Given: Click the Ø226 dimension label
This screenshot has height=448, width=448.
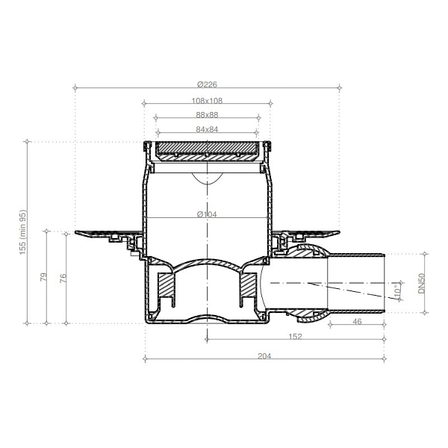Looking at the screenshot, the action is point(207,84).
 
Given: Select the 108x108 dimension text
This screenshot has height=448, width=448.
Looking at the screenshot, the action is point(207,101).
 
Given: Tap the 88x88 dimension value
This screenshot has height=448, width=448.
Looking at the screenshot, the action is point(207,115).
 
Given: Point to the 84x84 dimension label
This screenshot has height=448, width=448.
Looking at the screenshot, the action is point(207,129).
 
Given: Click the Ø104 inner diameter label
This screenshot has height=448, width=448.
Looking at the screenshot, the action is point(207,214).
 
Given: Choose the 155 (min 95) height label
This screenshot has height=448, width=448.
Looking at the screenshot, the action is point(22,232).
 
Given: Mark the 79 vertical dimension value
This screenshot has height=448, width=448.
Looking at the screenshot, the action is point(43,277).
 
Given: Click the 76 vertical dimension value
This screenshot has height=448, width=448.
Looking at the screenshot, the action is point(63,278).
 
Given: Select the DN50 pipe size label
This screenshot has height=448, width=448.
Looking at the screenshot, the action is point(422,283).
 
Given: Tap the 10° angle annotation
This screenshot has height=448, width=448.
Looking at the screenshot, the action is point(397,290).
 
